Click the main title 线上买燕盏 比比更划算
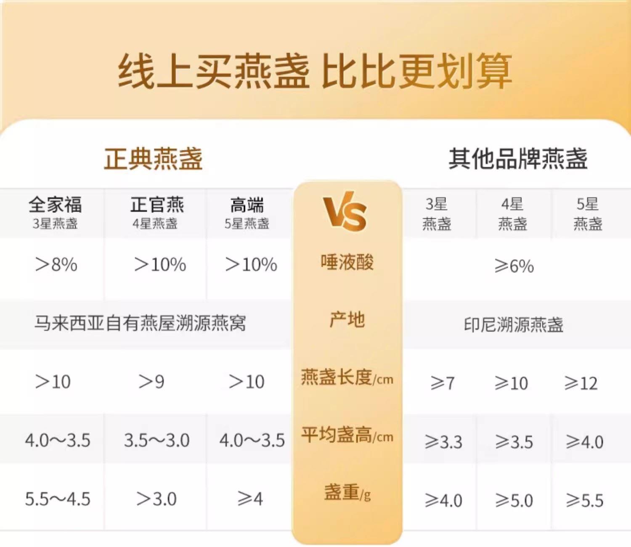(315, 71)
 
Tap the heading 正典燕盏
(153, 159)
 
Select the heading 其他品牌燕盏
(518, 159)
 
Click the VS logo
(345, 211)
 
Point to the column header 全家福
(55, 204)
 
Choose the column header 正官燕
(157, 204)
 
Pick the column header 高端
(247, 204)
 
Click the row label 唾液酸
(347, 262)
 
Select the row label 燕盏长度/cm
(347, 377)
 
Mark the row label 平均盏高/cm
(347, 435)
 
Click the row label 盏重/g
(347, 493)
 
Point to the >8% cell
(56, 265)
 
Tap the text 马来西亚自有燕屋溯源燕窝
(140, 323)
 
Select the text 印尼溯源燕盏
(514, 324)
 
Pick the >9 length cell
(151, 382)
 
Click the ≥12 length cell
(581, 383)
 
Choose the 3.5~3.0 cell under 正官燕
(157, 440)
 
